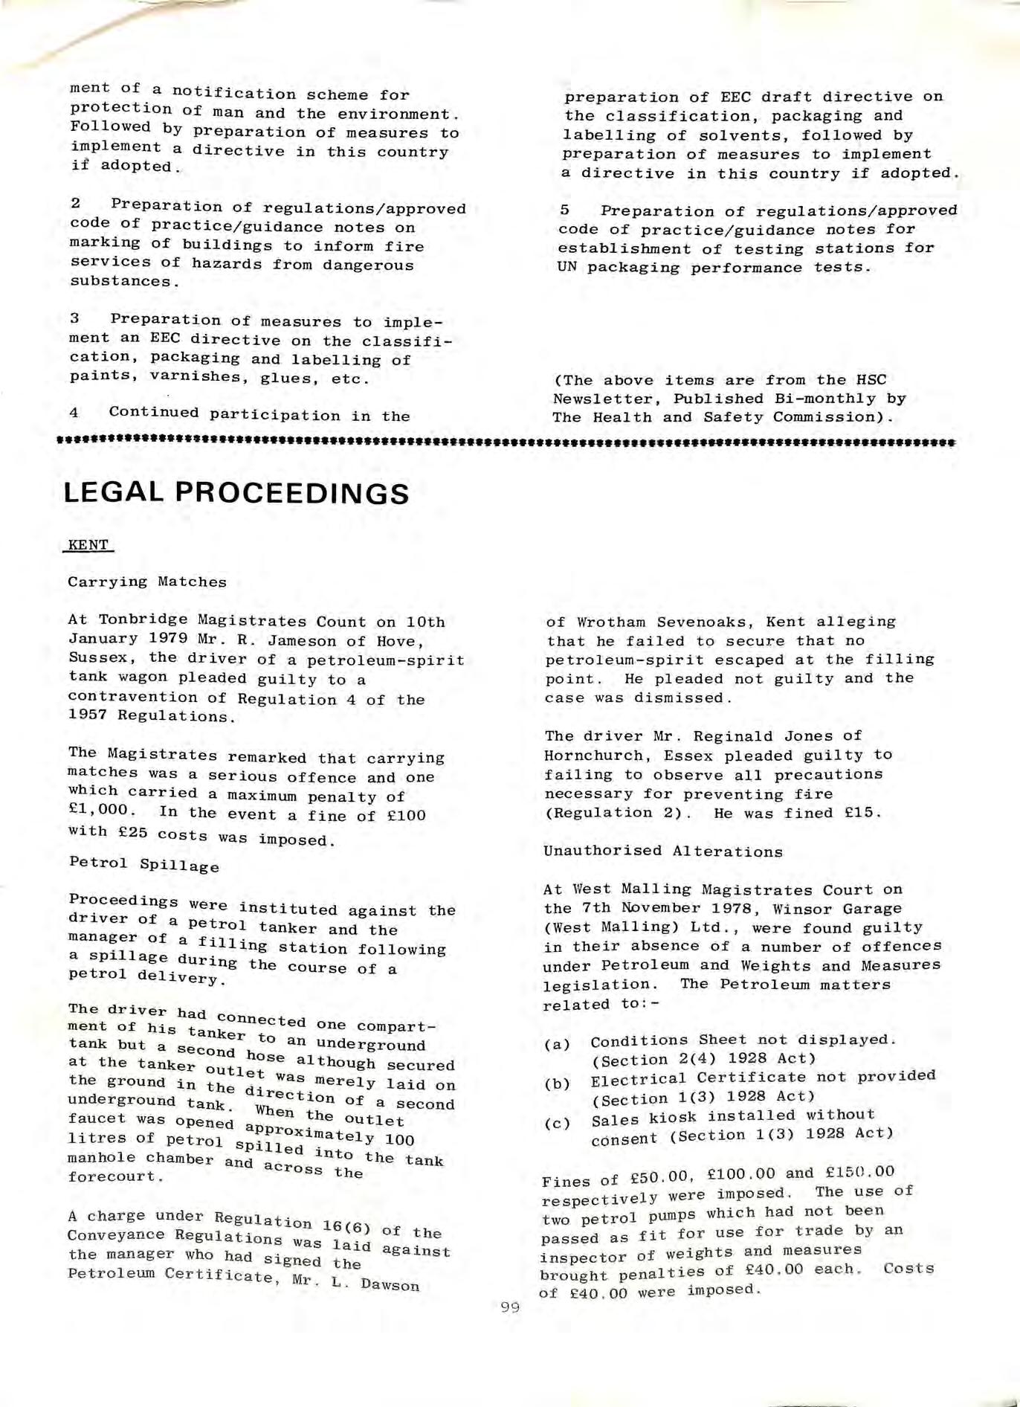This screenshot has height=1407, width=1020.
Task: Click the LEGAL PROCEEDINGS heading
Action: pos(236,493)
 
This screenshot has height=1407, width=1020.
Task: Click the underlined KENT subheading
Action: pos(88,545)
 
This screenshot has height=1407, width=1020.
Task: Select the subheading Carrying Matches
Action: pos(147,582)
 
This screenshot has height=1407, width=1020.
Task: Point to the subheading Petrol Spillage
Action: pos(144,864)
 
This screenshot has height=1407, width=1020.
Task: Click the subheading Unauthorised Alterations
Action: pos(663,851)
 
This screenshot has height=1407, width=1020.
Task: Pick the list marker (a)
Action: pos(558,1044)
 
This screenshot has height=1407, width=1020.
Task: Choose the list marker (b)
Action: pos(558,1084)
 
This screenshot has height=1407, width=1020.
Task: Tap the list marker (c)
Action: pos(558,1123)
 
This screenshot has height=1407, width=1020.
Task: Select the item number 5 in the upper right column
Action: pos(564,210)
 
